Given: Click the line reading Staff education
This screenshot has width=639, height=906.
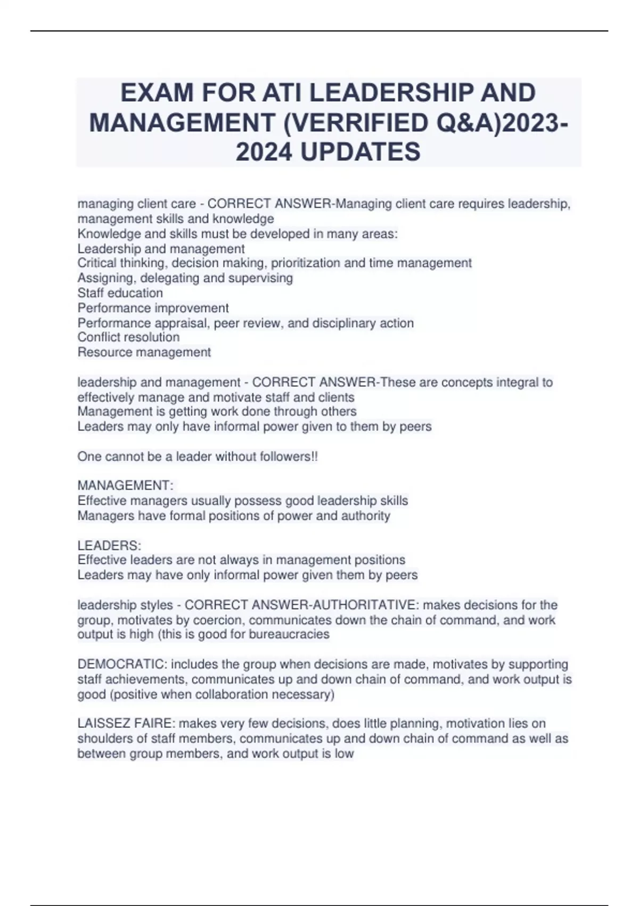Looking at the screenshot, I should coord(120,293).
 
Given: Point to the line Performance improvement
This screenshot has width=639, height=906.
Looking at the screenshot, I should coord(153,308).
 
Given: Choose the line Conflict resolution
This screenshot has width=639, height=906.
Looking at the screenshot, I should coord(128,337).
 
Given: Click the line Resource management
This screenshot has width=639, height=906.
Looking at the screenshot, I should coord(144,352).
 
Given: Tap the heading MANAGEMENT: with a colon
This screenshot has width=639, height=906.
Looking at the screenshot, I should coord(126,486).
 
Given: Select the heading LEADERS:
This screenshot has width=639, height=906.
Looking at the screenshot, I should coord(109,546).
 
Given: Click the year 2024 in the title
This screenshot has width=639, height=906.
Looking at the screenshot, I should coord(264,152).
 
